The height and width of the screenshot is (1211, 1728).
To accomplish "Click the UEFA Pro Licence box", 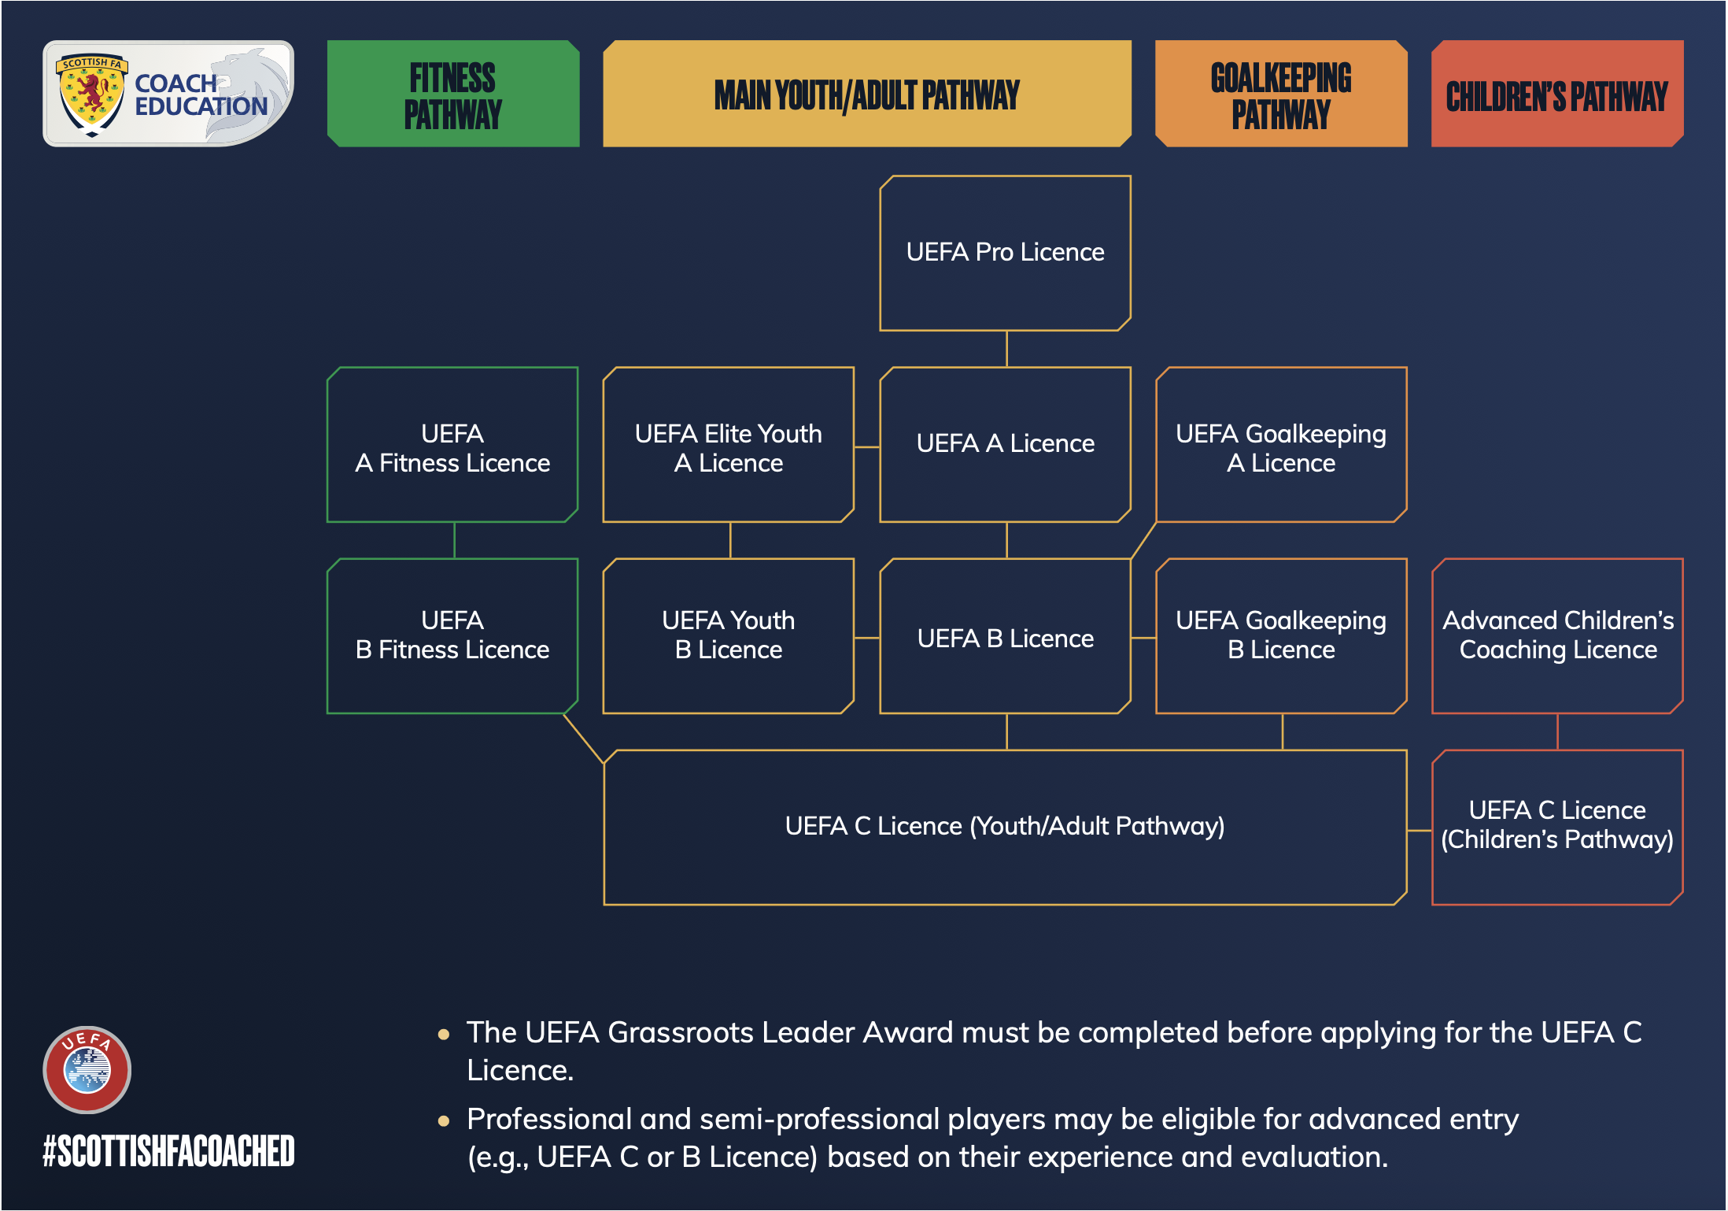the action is tap(1005, 253).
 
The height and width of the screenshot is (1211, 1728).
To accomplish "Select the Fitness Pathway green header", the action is tap(453, 94).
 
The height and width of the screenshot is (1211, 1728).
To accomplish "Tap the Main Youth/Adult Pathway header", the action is tap(867, 94).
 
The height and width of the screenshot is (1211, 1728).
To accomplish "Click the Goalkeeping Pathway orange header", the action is tap(1281, 94).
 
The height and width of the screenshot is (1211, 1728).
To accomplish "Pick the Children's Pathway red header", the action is tap(1557, 94).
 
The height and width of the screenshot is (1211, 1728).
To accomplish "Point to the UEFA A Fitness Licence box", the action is tap(452, 445).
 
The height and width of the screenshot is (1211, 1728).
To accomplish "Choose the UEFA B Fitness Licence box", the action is tap(452, 636).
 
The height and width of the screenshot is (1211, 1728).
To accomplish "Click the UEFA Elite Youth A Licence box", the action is tap(729, 445).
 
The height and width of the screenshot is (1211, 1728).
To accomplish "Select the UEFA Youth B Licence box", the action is tap(729, 636).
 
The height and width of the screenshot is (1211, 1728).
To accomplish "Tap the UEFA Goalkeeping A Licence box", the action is tap(1281, 445).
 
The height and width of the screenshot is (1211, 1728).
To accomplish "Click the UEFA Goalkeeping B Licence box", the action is tap(1281, 636).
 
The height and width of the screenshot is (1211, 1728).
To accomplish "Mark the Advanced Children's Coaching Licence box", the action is tap(1557, 636).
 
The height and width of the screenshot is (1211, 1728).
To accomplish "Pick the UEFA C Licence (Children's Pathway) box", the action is tap(1557, 828).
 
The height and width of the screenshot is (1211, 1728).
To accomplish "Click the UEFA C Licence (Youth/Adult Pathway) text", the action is tap(1005, 826).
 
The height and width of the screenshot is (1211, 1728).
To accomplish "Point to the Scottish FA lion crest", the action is tap(92, 94).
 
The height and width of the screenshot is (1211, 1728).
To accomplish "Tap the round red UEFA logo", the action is tap(87, 1069).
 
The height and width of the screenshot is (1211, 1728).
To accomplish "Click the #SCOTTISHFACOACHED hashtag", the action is tap(168, 1150).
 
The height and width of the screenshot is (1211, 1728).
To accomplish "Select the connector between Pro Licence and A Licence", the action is tap(1006, 349).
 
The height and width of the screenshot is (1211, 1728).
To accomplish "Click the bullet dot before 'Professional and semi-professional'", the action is tap(444, 1120).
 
